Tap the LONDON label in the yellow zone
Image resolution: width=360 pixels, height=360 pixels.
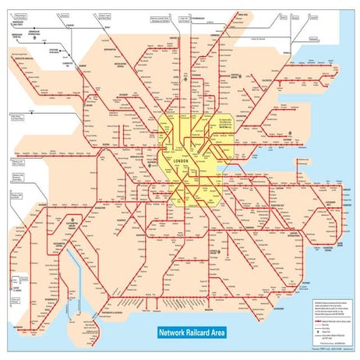[x=184, y=161]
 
